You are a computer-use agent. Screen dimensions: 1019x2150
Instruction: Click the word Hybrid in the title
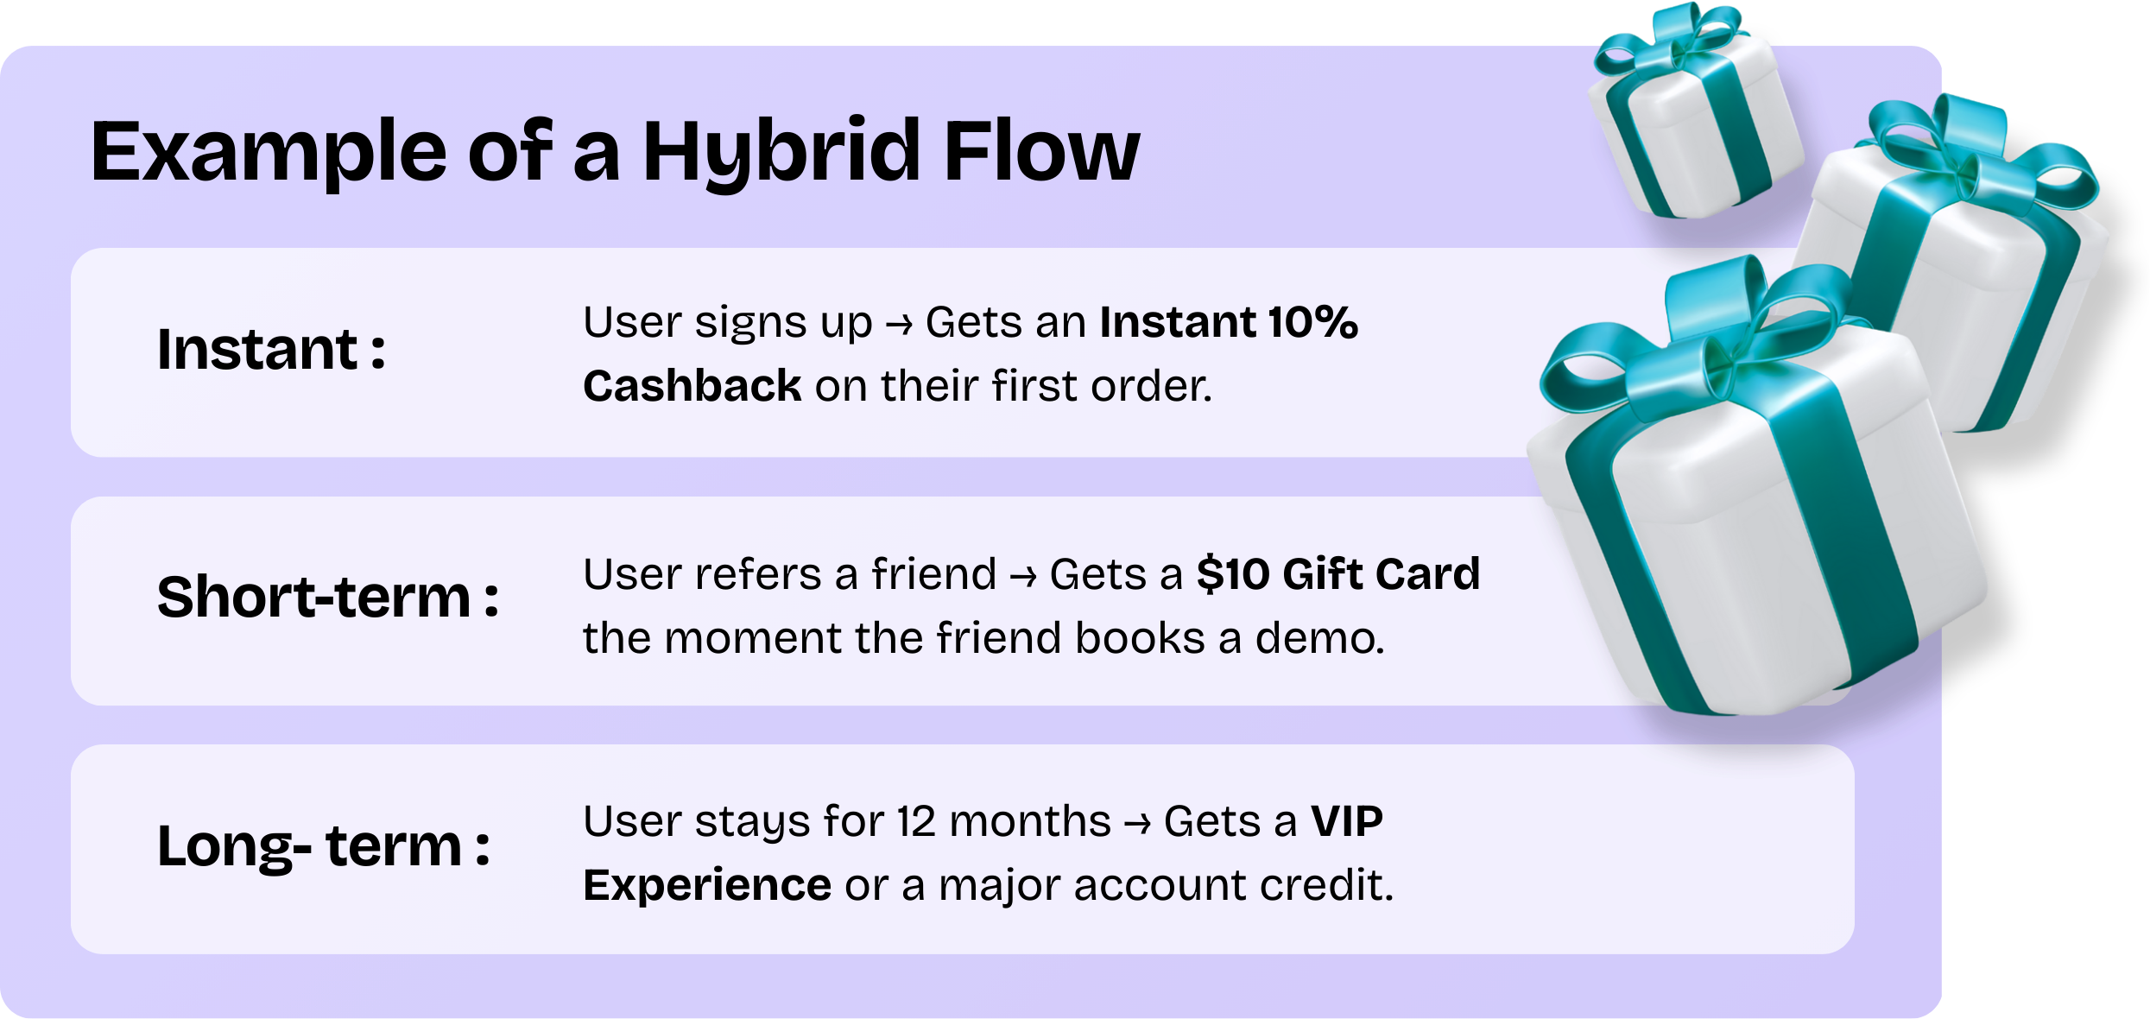coord(781,153)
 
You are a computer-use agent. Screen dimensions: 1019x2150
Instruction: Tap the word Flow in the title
coord(1041,153)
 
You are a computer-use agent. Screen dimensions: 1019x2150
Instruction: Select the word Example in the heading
coord(269,153)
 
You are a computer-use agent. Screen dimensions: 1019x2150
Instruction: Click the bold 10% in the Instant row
coord(1312,322)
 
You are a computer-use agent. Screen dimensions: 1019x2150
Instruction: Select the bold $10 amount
coord(1232,574)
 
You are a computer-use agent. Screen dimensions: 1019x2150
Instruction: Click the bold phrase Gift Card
coord(1382,574)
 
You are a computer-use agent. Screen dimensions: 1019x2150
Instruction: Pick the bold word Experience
coord(707,885)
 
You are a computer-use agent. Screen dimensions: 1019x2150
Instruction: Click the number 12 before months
coord(916,821)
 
